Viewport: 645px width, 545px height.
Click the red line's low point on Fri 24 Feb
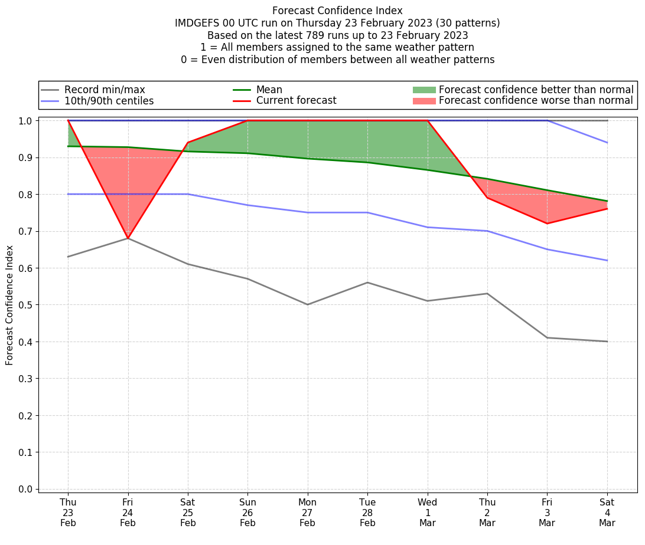[128, 238]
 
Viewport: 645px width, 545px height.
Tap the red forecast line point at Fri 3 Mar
[547, 224]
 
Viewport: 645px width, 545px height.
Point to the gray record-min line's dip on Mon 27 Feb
[308, 304]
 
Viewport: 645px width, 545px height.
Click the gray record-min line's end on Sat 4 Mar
[607, 342]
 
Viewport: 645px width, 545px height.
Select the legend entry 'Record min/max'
[105, 90]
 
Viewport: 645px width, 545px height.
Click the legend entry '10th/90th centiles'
[109, 101]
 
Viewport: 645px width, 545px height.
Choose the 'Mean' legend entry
[269, 90]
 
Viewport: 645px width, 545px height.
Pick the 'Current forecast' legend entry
[296, 100]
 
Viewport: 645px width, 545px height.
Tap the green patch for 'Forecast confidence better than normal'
[424, 90]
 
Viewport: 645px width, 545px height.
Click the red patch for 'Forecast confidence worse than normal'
[424, 101]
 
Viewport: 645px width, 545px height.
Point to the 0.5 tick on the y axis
[25, 305]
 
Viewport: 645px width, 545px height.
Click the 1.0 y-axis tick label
[25, 120]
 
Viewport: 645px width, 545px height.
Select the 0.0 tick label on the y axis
[25, 489]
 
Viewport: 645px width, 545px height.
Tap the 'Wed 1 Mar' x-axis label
[428, 513]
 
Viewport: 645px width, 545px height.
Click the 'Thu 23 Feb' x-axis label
[68, 513]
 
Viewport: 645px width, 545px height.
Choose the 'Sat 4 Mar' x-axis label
[607, 513]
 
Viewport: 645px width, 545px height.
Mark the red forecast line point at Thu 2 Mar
[487, 198]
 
